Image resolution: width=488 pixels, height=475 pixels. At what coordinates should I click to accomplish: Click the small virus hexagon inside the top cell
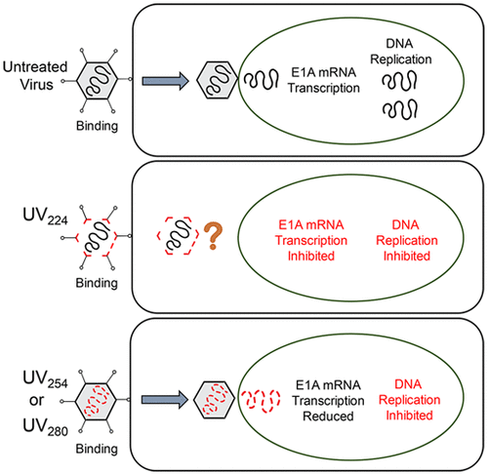(215, 75)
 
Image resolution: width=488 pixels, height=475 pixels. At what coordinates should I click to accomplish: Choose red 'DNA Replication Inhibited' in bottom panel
(411, 397)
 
